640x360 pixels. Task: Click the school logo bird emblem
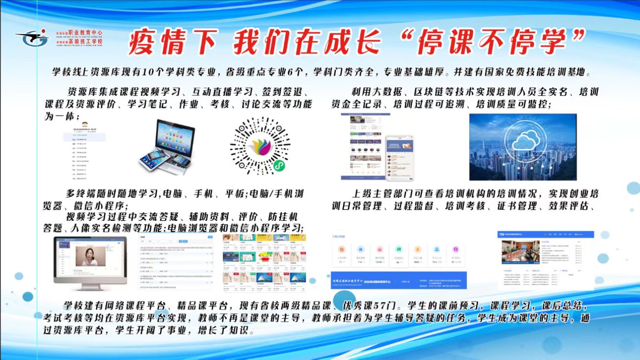coord(32,37)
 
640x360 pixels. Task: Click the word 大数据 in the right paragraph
coord(384,92)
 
